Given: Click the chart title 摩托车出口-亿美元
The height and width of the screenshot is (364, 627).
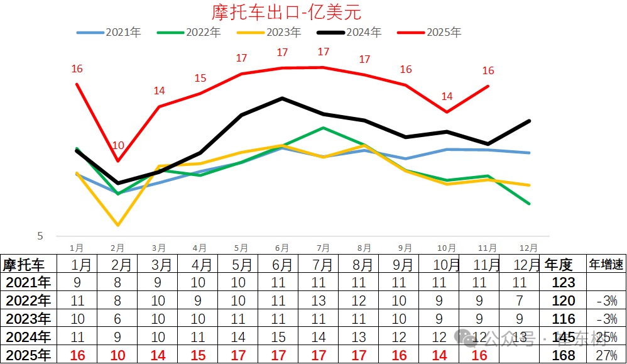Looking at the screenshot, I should [287, 12].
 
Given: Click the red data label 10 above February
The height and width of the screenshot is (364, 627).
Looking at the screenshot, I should [118, 145].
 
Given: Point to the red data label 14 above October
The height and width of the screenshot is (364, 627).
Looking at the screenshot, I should [447, 96].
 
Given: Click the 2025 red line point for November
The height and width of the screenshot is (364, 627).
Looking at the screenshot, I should [488, 86].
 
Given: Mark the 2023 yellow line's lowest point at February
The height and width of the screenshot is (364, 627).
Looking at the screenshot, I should [118, 224].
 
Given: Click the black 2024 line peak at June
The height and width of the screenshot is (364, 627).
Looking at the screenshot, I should [282, 98].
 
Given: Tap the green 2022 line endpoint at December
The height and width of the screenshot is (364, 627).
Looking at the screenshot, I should [530, 204].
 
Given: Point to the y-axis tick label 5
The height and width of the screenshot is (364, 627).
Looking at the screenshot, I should [40, 236].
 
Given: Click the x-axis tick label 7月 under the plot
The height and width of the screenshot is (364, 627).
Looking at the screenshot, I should [323, 248].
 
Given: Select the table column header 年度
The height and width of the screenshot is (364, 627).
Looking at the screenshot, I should [559, 264].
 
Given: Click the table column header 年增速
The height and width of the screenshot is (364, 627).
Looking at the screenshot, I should [606, 264].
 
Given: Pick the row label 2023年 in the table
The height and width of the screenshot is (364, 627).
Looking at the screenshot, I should [27, 319].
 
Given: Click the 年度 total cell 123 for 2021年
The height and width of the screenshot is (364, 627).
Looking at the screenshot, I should [563, 282].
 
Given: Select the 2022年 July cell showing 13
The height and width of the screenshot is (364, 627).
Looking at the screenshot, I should [319, 301].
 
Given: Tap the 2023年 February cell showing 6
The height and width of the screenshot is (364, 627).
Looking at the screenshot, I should [117, 319].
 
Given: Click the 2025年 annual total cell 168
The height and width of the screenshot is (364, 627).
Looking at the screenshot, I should [563, 355].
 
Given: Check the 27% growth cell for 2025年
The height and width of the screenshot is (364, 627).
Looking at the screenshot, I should [606, 355].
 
